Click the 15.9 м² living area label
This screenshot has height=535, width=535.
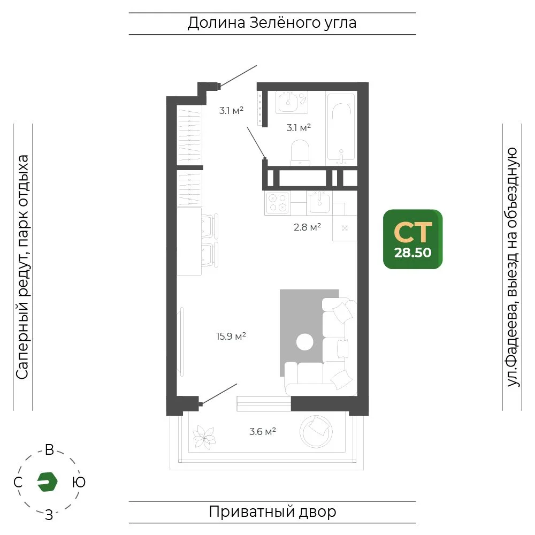tap(231, 337)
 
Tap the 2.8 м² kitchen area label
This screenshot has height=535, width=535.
tap(307, 227)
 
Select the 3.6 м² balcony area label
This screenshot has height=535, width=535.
tap(262, 432)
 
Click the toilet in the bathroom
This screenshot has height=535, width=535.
tap(300, 152)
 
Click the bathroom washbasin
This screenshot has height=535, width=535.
tap(289, 102)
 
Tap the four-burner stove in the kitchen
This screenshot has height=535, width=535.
tap(277, 203)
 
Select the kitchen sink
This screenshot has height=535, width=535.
tap(319, 202)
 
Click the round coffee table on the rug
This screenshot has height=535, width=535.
tap(305, 342)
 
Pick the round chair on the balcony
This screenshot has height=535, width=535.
tap(316, 432)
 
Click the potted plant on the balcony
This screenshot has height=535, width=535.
tap(204, 437)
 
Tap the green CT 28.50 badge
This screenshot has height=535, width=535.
tap(413, 239)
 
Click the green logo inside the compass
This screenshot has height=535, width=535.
tap(47, 482)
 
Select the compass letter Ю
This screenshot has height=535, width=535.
tap(79, 482)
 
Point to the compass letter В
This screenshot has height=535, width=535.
tap(49, 450)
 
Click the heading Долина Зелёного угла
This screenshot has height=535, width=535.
tap(272, 23)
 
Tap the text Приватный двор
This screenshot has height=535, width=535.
tap(272, 512)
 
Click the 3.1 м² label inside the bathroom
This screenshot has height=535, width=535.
tap(299, 128)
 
